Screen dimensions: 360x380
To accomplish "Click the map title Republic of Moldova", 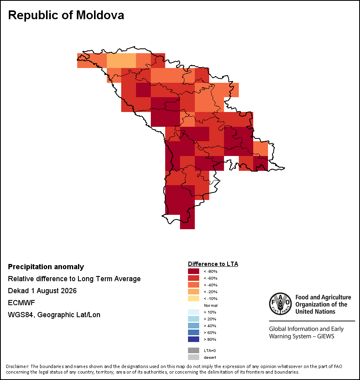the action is coord(66,15).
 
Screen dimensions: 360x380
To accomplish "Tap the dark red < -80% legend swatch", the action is coord(194,271).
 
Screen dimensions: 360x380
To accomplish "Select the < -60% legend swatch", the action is coord(194,278).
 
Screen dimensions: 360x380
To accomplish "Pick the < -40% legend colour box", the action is coord(194,285).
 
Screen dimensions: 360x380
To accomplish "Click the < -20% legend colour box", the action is coord(194,292).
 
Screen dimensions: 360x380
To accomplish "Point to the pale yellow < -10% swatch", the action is coord(194,298).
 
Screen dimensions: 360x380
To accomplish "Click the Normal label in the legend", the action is coord(210,305).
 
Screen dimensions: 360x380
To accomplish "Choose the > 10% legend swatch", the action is coord(194,312).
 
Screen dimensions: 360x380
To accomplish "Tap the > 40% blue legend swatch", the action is coord(194,326).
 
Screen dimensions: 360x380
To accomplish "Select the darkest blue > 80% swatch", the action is coord(194,339).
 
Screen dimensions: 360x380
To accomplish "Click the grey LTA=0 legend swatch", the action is coord(194,350).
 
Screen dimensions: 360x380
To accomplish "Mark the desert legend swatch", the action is coord(194,357).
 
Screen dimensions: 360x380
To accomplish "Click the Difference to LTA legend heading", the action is coord(213,264).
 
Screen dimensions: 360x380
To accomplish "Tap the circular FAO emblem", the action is coord(280,304).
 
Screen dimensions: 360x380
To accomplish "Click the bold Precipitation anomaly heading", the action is coord(46,267).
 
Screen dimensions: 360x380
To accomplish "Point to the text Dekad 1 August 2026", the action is coord(42,291).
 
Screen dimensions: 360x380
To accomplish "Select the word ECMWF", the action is coord(21,303).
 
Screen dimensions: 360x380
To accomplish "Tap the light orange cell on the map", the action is coord(121,60).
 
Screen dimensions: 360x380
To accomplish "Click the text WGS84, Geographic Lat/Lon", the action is coord(54,315).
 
